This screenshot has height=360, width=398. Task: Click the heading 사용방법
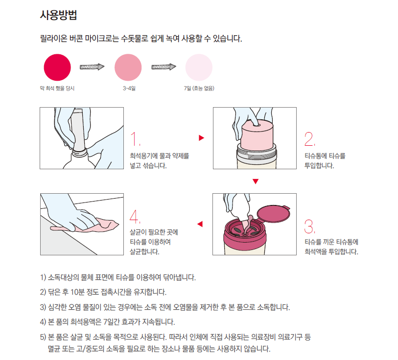[x=58, y=15]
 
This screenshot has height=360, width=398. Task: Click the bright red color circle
[x=57, y=67]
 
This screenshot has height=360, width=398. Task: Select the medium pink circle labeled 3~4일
[x=128, y=67]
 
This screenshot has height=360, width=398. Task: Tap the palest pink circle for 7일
[x=199, y=67]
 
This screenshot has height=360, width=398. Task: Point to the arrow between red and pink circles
[x=92, y=67]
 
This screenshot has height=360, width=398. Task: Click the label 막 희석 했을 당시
[x=57, y=88]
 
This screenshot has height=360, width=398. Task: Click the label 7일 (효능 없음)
[x=199, y=88]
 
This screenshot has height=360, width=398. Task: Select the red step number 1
[x=135, y=138]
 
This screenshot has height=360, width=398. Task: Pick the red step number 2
[x=310, y=139]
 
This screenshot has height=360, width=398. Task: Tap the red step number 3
[x=310, y=226]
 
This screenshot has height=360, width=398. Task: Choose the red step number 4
[x=135, y=216]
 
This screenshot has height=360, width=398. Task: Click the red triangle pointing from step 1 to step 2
[x=201, y=138]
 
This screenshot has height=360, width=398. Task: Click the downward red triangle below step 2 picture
[x=256, y=181]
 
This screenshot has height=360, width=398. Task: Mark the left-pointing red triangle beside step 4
[x=200, y=224]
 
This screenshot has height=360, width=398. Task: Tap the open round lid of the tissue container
[x=273, y=214]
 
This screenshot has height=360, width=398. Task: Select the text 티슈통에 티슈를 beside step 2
[x=325, y=156]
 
